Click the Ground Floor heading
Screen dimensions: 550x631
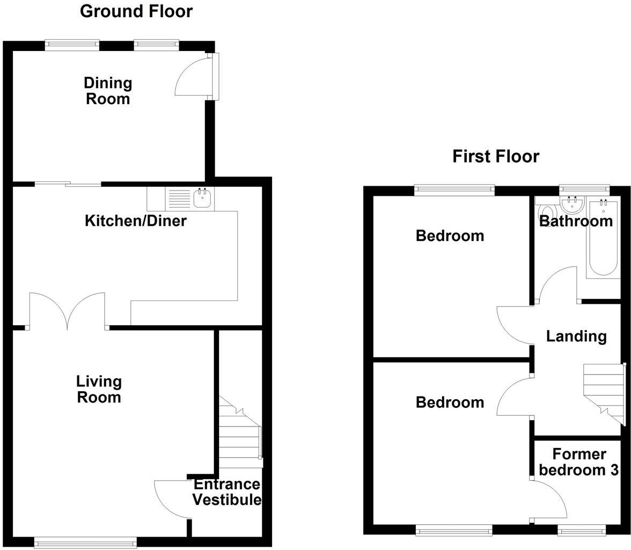(x=136, y=11)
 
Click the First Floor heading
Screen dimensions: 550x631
(x=495, y=156)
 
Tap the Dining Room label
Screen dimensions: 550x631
(x=108, y=91)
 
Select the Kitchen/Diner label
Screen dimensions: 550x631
(x=135, y=221)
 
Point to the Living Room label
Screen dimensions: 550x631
(x=99, y=390)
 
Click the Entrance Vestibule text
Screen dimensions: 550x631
(x=226, y=492)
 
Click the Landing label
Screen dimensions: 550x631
(x=576, y=336)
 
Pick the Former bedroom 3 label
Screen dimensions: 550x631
(x=579, y=462)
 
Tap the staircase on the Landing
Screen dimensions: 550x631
(x=604, y=392)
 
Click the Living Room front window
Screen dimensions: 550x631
(x=85, y=543)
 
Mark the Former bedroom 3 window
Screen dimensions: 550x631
(x=582, y=531)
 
